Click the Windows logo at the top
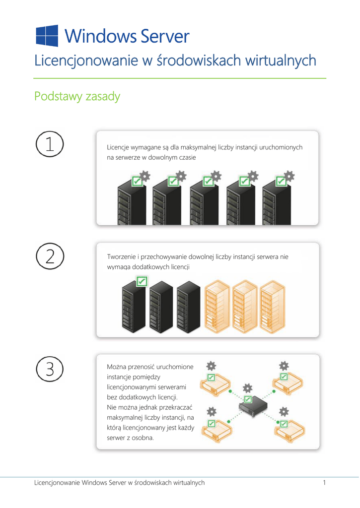pos(47,36)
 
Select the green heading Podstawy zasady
pos(77,97)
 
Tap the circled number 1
pos(50,144)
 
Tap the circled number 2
pos(50,256)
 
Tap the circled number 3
pos(50,369)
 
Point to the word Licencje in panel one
pos(118,147)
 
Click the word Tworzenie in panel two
pos(122,257)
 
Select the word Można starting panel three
pos(116,367)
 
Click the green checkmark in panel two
pos(142,281)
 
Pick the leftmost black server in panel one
pos(132,202)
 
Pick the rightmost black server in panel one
pos(277,202)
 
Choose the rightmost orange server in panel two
pos(273,307)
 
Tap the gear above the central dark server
pos(248,388)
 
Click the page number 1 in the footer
pos(324,483)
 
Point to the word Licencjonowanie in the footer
pos(57,483)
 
